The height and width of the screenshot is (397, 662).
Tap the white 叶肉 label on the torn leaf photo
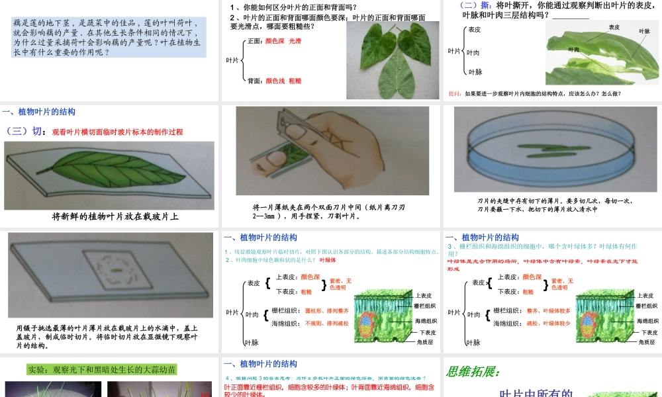573,50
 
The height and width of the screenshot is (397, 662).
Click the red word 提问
455,93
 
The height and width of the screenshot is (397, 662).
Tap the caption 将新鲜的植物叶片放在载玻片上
116,216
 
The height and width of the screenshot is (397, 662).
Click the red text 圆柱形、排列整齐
326,310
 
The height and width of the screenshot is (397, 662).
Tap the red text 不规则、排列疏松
326,324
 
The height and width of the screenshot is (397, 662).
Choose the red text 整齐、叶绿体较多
548,310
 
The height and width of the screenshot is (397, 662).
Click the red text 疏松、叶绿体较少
548,324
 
